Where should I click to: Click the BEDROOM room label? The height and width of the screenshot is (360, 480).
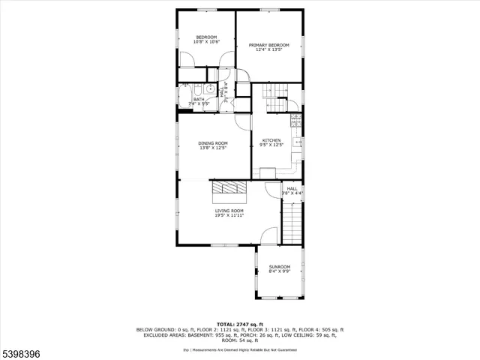tap(206, 37)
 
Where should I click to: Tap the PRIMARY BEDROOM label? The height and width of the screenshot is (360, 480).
tap(269, 45)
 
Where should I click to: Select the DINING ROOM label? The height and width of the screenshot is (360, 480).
tap(213, 142)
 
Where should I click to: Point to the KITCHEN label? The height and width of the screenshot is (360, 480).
tap(271, 140)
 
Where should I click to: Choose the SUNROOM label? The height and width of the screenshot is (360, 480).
tap(280, 266)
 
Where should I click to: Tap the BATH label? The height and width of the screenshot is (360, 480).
tap(199, 99)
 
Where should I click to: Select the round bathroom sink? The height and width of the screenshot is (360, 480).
tap(211, 89)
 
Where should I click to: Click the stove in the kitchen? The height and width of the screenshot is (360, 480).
tap(296, 120)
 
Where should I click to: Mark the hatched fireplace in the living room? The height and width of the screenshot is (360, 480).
tap(228, 187)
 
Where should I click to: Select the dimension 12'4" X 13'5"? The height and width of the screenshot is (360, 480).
tap(269, 50)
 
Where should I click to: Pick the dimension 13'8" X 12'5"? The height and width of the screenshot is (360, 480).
tap(213, 148)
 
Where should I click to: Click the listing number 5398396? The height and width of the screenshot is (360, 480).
tap(23, 350)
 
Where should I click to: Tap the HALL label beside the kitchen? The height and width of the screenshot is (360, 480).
tap(292, 188)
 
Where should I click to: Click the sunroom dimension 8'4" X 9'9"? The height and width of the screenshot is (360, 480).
tap(280, 271)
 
